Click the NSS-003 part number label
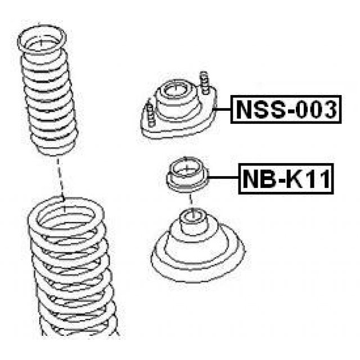coord(286,109)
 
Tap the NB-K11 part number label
coord(286,179)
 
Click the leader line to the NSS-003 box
coord(222,109)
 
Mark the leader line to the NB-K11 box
coord(223,178)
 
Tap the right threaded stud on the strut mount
coord(204,83)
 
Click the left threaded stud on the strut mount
coord(150,113)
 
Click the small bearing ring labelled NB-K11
coord(187,174)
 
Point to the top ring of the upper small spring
coord(42,40)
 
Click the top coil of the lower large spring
coord(66,215)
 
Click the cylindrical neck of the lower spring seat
coord(194,222)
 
